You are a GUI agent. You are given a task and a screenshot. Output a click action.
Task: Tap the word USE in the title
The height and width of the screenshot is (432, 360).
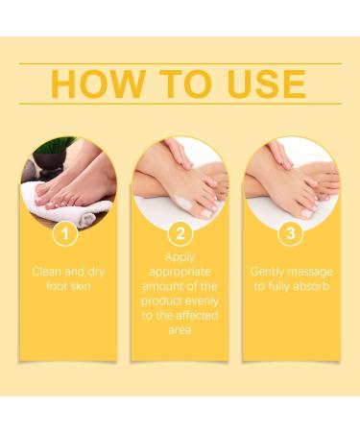click(262, 84)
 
